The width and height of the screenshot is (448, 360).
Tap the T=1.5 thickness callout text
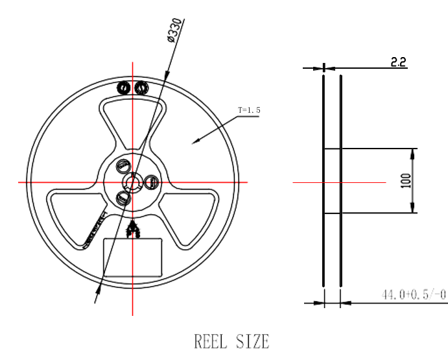point(250,111)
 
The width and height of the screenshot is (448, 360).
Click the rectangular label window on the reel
point(133,258)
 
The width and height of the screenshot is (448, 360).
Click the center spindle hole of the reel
point(134,182)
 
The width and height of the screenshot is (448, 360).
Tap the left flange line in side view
point(324,182)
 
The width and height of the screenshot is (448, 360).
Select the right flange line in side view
point(340,182)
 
